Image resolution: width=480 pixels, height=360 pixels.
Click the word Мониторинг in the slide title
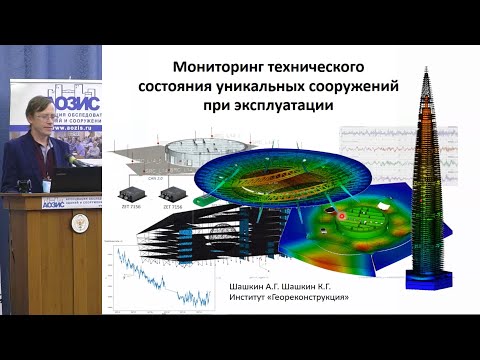click(x=215, y=69)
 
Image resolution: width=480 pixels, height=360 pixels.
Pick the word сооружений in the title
click(x=357, y=87)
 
